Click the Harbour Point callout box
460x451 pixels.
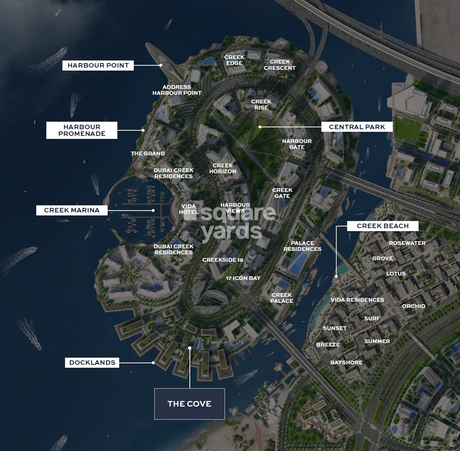[98, 65]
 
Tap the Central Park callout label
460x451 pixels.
[357, 127]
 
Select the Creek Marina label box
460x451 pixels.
[72, 210]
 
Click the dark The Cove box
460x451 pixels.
[189, 404]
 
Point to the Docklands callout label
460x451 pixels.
[92, 363]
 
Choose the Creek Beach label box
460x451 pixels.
[383, 226]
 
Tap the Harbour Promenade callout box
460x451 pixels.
[82, 130]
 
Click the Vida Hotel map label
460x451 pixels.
[188, 209]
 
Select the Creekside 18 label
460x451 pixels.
[223, 260]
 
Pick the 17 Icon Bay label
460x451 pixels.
[243, 278]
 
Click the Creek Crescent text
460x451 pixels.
[280, 65]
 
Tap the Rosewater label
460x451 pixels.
[407, 243]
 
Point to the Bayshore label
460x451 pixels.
[346, 363]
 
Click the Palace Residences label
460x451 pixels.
[302, 246]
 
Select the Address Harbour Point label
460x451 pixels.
[177, 90]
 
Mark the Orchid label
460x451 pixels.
[414, 306]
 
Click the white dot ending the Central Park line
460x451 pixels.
[260, 127]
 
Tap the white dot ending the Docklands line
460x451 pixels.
[153, 363]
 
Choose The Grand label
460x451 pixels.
[148, 153]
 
